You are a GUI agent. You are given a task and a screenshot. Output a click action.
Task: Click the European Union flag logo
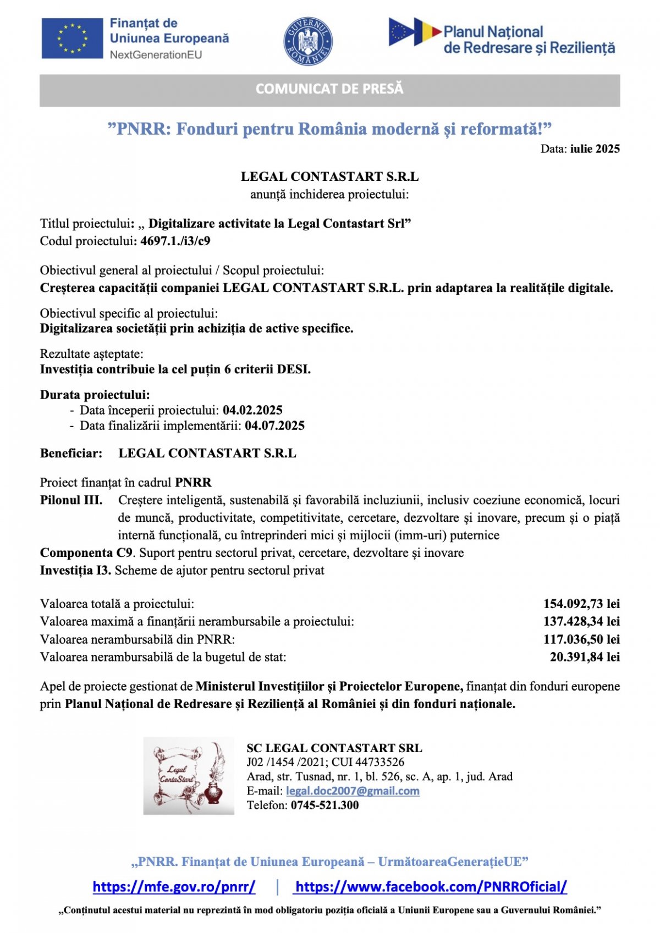click(72, 38)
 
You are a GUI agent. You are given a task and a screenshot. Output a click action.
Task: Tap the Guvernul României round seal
click(308, 41)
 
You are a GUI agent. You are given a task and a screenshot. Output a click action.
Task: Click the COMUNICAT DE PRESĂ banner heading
click(329, 89)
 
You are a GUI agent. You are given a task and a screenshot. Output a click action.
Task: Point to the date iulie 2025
click(595, 149)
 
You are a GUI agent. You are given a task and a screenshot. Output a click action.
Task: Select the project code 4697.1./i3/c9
click(175, 241)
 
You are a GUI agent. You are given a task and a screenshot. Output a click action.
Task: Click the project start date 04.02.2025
click(252, 410)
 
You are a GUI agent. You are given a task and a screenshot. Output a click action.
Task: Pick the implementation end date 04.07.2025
click(274, 426)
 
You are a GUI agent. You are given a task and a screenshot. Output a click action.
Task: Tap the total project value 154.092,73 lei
click(581, 604)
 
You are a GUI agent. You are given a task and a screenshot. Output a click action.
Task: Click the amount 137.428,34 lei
click(581, 621)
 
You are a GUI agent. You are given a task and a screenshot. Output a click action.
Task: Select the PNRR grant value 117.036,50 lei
click(581, 639)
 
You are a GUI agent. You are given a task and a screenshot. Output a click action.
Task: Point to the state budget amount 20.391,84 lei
click(585, 657)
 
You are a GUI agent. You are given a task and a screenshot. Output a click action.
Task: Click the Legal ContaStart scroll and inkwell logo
click(189, 776)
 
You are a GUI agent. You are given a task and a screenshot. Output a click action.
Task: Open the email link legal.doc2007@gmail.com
click(353, 791)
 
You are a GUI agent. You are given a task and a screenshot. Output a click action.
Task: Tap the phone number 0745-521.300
click(324, 805)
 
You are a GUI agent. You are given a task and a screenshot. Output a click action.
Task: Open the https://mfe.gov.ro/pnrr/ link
click(174, 886)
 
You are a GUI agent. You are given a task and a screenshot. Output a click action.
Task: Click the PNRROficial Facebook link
click(431, 886)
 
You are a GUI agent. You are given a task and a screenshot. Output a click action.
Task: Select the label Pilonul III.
click(71, 500)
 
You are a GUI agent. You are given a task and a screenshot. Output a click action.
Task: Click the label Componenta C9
click(86, 553)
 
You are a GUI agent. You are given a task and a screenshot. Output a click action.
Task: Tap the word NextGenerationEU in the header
click(156, 54)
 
